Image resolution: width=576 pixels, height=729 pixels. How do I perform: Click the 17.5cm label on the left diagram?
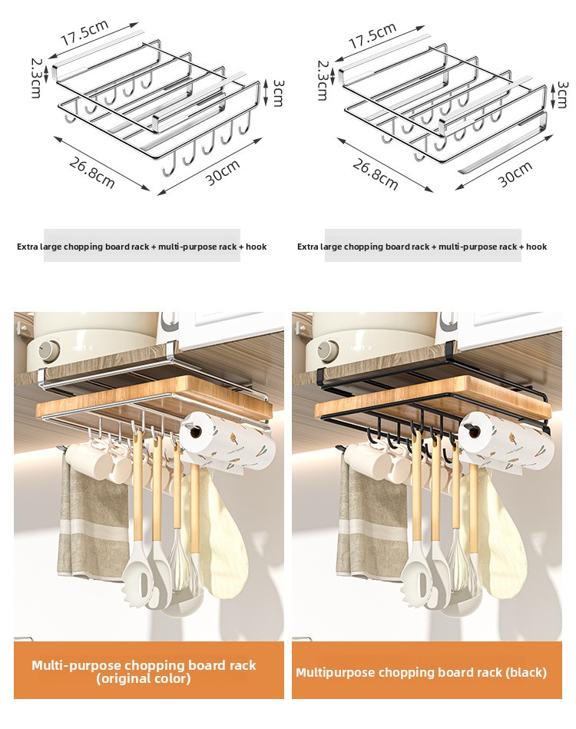[84, 32]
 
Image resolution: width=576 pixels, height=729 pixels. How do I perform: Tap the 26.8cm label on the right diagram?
[375, 174]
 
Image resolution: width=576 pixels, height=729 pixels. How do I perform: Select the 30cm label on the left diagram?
[223, 172]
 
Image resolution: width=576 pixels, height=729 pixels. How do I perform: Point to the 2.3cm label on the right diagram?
[323, 80]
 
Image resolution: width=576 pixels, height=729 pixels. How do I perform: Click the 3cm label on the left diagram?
[277, 92]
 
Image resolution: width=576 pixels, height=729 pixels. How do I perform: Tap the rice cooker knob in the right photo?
[325, 349]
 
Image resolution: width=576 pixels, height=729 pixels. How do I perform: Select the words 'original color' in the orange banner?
[144, 678]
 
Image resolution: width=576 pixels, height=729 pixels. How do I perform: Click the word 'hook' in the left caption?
[257, 247]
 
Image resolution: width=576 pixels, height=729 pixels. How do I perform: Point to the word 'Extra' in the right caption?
[307, 247]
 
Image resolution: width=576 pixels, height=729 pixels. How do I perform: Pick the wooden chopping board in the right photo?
[432, 399]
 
